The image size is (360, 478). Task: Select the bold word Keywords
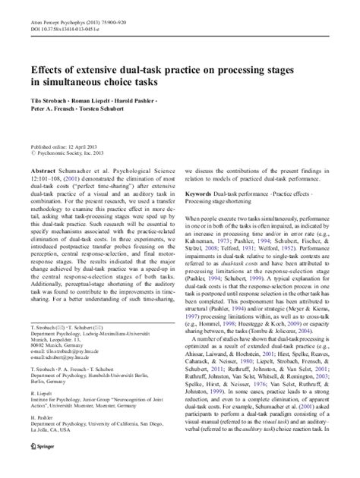point(200,195)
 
